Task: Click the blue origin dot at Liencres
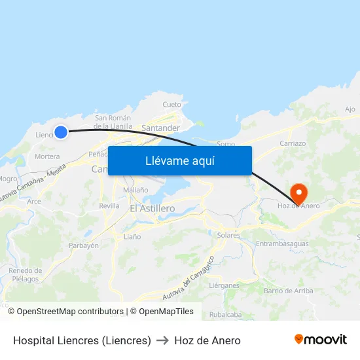click(x=61, y=132)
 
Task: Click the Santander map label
click(x=160, y=128)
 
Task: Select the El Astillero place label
click(x=152, y=208)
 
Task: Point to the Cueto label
click(x=171, y=105)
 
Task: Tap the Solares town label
click(x=228, y=235)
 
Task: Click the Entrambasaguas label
click(x=281, y=244)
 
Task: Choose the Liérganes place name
click(x=223, y=286)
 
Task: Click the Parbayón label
click(x=84, y=245)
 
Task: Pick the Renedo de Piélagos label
click(x=25, y=275)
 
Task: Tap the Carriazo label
click(x=293, y=143)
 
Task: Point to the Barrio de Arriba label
click(x=288, y=291)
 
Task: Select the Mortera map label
click(x=47, y=157)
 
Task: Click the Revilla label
click(x=109, y=206)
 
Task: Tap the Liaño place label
click(x=132, y=236)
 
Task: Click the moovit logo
click(x=321, y=340)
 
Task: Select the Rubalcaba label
click(x=225, y=315)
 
